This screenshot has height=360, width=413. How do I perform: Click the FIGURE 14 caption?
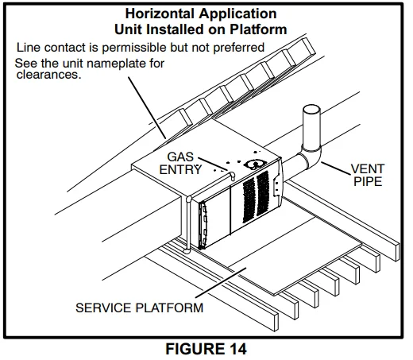coord(206,348)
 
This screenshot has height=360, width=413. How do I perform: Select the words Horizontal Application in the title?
coord(206,14)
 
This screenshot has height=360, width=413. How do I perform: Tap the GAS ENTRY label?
coord(182,163)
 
